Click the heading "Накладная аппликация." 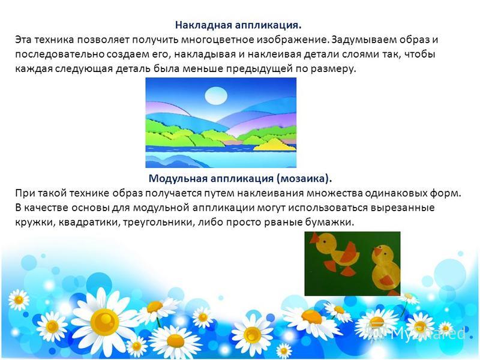pyautogui.click(x=238, y=25)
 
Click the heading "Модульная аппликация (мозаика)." pyautogui.click(x=241, y=178)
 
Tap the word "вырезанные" pyautogui.click(x=403, y=208)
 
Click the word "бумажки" pyautogui.click(x=329, y=222)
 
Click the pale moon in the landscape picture pyautogui.click(x=216, y=95)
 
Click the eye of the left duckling pyautogui.click(x=324, y=242)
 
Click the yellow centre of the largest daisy pyautogui.click(x=104, y=320)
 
